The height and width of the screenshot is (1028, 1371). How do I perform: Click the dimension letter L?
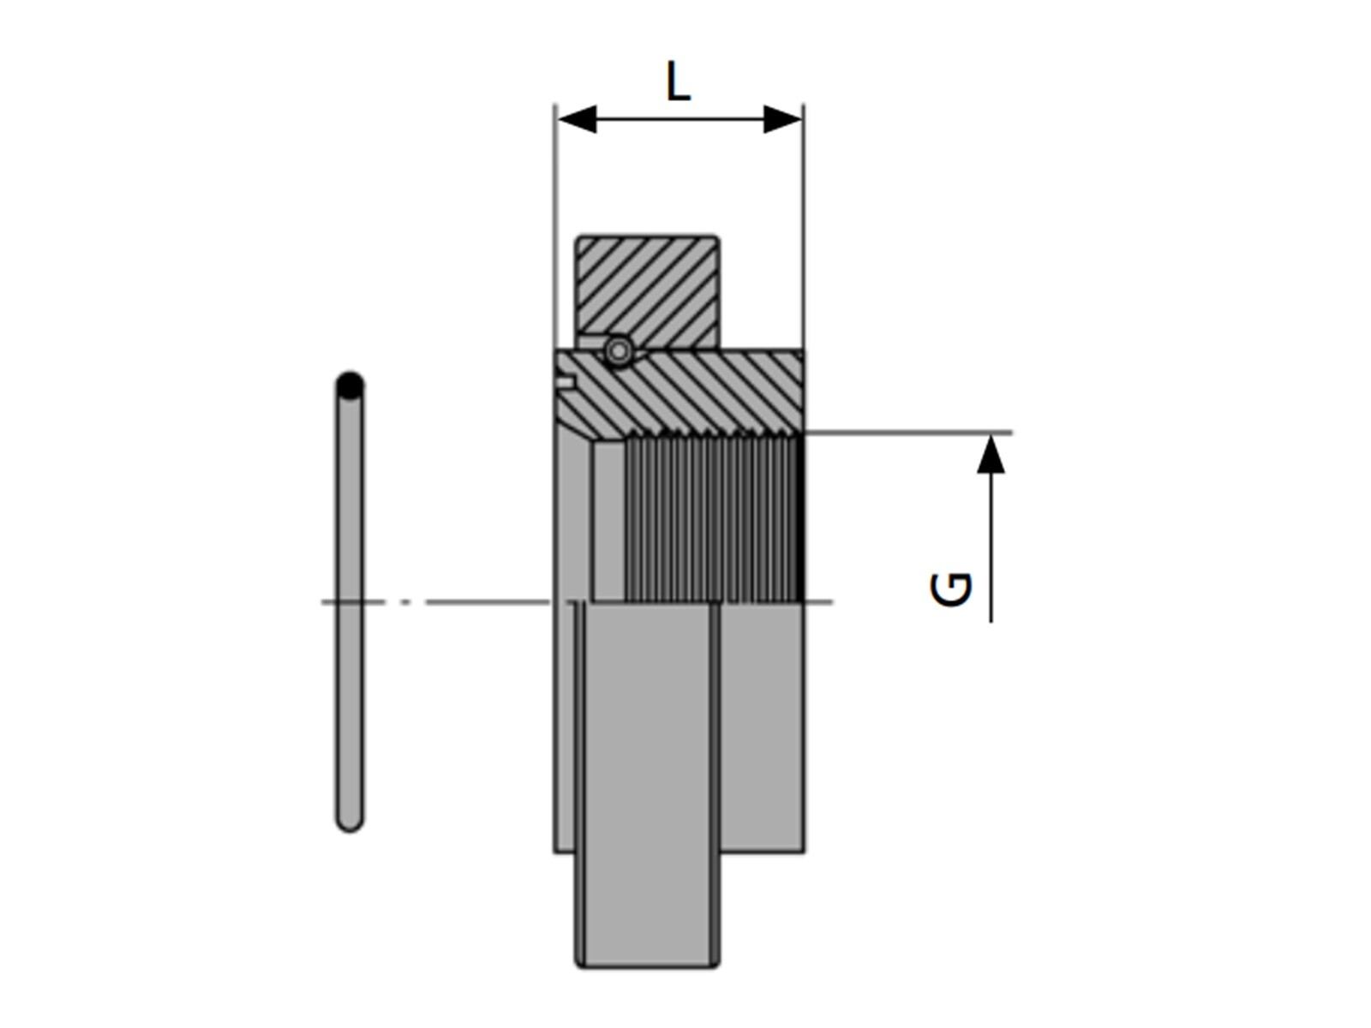tap(678, 81)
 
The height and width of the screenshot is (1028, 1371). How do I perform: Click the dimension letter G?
tap(950, 589)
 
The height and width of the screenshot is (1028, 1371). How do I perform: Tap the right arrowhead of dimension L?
tap(782, 118)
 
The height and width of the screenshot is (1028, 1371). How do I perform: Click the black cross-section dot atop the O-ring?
tap(350, 386)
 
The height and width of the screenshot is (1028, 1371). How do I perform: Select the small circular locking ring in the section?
tap(619, 351)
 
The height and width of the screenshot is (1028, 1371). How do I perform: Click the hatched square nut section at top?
tap(648, 291)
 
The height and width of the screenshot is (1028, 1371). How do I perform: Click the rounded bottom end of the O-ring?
tap(350, 822)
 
